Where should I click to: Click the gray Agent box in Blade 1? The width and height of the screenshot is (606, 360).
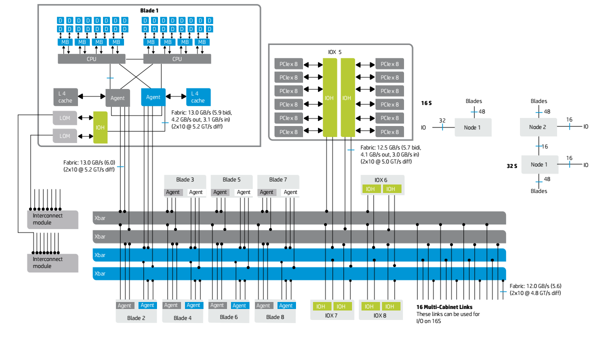pyautogui.click(x=117, y=98)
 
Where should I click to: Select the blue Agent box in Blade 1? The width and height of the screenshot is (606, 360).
pyautogui.click(x=153, y=97)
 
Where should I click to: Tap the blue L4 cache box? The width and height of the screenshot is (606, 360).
pyautogui.click(x=198, y=97)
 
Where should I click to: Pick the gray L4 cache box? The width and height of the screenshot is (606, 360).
pyautogui.click(x=65, y=97)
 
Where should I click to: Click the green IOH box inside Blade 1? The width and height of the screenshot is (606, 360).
pyautogui.click(x=100, y=127)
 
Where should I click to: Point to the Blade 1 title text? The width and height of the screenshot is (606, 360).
pyautogui.click(x=148, y=10)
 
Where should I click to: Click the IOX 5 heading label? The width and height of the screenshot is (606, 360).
pyautogui.click(x=335, y=51)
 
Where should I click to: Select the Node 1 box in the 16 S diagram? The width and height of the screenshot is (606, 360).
pyautogui.click(x=472, y=127)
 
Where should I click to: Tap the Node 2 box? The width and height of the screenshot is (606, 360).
pyautogui.click(x=538, y=127)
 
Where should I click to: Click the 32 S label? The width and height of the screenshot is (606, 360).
pyautogui.click(x=511, y=165)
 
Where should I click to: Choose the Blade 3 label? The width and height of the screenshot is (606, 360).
pyautogui.click(x=185, y=179)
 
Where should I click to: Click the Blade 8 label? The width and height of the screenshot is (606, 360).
pyautogui.click(x=275, y=317)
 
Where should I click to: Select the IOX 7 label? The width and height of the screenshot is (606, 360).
pyautogui.click(x=331, y=316)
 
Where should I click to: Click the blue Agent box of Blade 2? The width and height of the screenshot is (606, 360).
pyautogui.click(x=147, y=305)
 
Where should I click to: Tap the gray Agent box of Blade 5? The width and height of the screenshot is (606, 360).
pyautogui.click(x=220, y=192)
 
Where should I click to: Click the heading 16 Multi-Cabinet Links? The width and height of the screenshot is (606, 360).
pyautogui.click(x=444, y=307)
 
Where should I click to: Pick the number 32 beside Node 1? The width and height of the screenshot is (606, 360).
pyautogui.click(x=442, y=120)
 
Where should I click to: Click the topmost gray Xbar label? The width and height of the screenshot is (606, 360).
pyautogui.click(x=100, y=218)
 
